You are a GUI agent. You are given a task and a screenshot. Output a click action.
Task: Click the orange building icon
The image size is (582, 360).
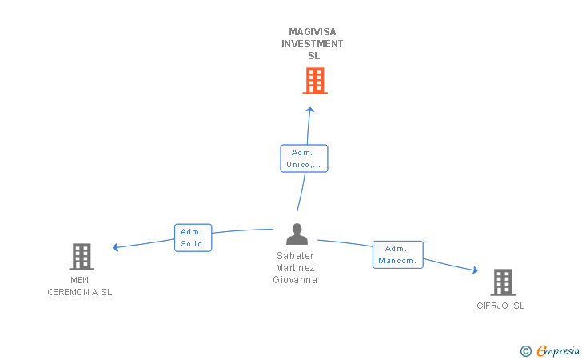(315, 81)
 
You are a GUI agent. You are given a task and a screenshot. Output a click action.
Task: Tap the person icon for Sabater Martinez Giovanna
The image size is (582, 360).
(297, 234)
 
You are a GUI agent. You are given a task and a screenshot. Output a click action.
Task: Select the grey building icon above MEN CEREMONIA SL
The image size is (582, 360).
(82, 257)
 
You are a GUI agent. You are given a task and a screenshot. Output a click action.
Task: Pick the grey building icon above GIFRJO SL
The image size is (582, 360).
(503, 282)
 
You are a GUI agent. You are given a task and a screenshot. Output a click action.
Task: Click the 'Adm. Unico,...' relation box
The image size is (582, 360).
(304, 158)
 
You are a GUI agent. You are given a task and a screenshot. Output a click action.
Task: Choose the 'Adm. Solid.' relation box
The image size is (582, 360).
(193, 238)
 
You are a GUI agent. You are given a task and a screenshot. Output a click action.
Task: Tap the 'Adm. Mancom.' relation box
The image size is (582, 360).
(398, 254)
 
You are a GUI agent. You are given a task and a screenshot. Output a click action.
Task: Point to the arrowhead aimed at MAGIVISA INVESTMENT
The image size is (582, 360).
(310, 110)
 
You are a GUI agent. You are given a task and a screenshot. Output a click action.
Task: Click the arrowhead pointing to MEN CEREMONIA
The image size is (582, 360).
(115, 247)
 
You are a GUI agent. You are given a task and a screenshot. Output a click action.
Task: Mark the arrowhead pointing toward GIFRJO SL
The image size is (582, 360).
(475, 270)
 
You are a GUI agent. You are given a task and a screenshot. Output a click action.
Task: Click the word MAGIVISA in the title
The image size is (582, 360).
(313, 31)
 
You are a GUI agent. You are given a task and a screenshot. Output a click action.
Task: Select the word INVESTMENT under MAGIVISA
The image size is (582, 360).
(312, 44)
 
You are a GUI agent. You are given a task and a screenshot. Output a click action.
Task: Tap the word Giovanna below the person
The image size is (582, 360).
(295, 280)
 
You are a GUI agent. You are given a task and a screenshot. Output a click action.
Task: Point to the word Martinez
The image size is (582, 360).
(295, 267)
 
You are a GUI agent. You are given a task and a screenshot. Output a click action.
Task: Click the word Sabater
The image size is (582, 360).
(295, 256)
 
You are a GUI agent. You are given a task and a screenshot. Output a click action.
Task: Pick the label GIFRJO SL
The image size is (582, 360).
(500, 306)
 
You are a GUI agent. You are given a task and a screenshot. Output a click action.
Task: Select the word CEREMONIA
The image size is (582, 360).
(73, 292)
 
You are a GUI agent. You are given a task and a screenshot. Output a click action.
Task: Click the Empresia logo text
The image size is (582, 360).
(558, 350)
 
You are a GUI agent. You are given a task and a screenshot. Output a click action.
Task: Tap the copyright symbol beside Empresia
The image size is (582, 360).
(526, 351)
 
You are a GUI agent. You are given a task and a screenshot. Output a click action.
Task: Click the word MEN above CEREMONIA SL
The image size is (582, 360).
(79, 280)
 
